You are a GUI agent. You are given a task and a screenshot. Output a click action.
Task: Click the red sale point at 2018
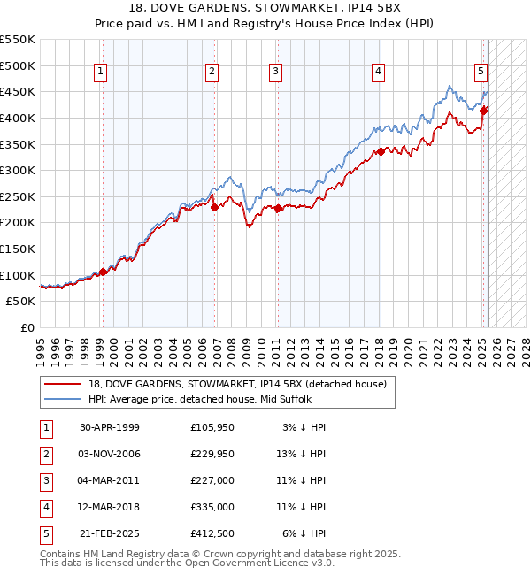click(380, 151)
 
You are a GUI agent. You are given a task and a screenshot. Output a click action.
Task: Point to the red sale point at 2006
click(215, 207)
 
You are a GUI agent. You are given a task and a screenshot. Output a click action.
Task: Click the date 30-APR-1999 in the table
click(110, 427)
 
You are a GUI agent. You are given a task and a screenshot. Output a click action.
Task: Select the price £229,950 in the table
click(212, 454)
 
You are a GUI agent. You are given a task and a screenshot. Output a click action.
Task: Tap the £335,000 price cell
click(212, 507)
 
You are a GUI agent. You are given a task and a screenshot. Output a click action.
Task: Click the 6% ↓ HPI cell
click(304, 533)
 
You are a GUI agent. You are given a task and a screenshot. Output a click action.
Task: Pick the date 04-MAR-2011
click(110, 480)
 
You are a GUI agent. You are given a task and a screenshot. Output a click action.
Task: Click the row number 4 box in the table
click(46, 507)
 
